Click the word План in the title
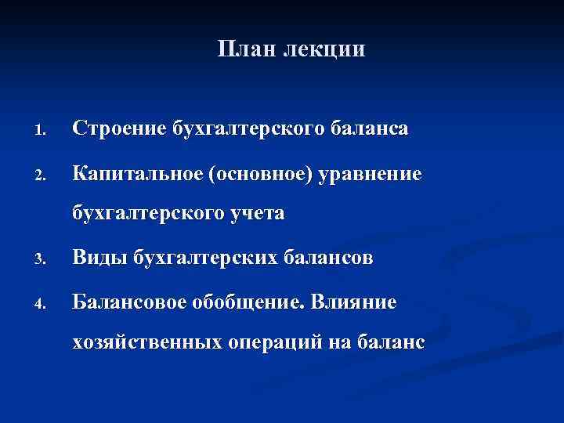point(240,49)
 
